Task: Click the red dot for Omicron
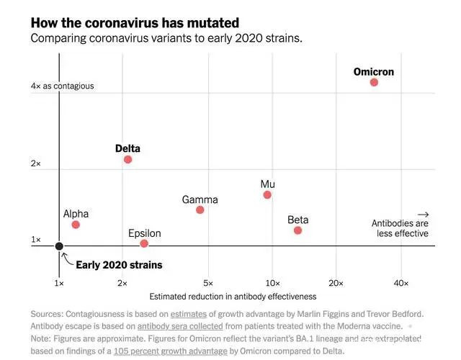pyautogui.click(x=374, y=82)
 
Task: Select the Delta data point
pyautogui.click(x=128, y=159)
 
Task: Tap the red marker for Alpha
pyautogui.click(x=76, y=225)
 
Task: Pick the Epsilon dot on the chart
pyautogui.click(x=144, y=243)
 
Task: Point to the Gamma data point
pyautogui.click(x=200, y=210)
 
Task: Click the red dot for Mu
pyautogui.click(x=267, y=194)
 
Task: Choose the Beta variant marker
pyautogui.click(x=297, y=230)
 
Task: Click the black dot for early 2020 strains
pyautogui.click(x=60, y=246)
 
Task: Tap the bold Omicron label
pyautogui.click(x=374, y=72)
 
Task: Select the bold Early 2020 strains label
pyautogui.click(x=119, y=265)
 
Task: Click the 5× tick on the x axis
pyautogui.click(x=208, y=283)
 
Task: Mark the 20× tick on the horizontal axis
pyautogui.click(x=336, y=283)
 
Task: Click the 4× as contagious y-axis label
pyautogui.click(x=62, y=86)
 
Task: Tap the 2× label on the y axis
pyautogui.click(x=36, y=164)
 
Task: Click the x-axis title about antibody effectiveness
pyautogui.click(x=233, y=296)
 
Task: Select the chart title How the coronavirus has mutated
pyautogui.click(x=135, y=23)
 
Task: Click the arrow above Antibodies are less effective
pyautogui.click(x=423, y=215)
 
